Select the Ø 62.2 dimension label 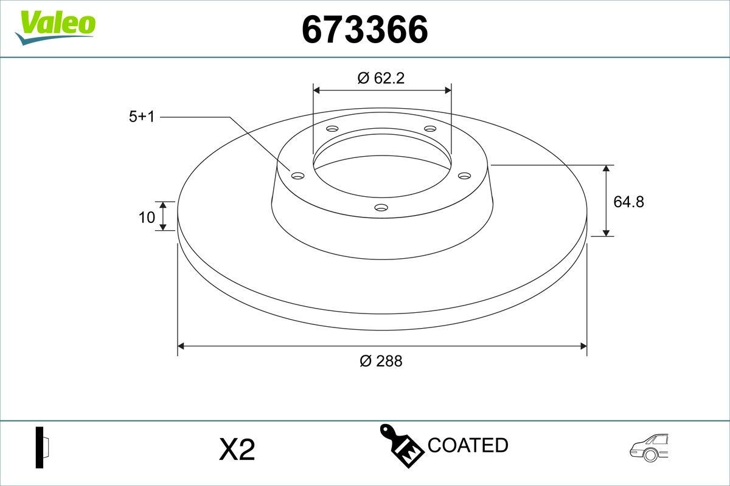(381, 78)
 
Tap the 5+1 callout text (142, 117)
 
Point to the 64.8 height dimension (628, 202)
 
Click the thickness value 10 (147, 217)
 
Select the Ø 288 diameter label (381, 361)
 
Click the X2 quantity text (237, 450)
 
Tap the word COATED (468, 445)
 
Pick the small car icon (650, 448)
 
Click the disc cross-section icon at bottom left (42, 448)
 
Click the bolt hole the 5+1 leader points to (297, 176)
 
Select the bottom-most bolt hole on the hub (381, 208)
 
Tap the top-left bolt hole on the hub (332, 129)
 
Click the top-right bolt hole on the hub (430, 129)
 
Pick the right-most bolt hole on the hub (465, 176)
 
